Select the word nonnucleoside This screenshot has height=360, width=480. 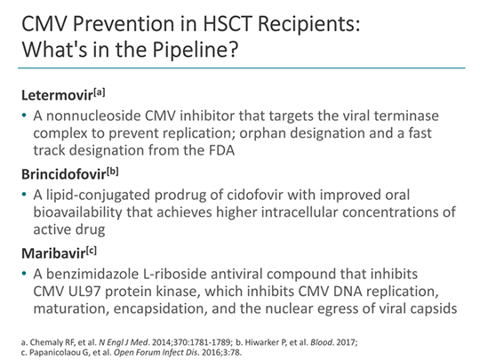point(87,114)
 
